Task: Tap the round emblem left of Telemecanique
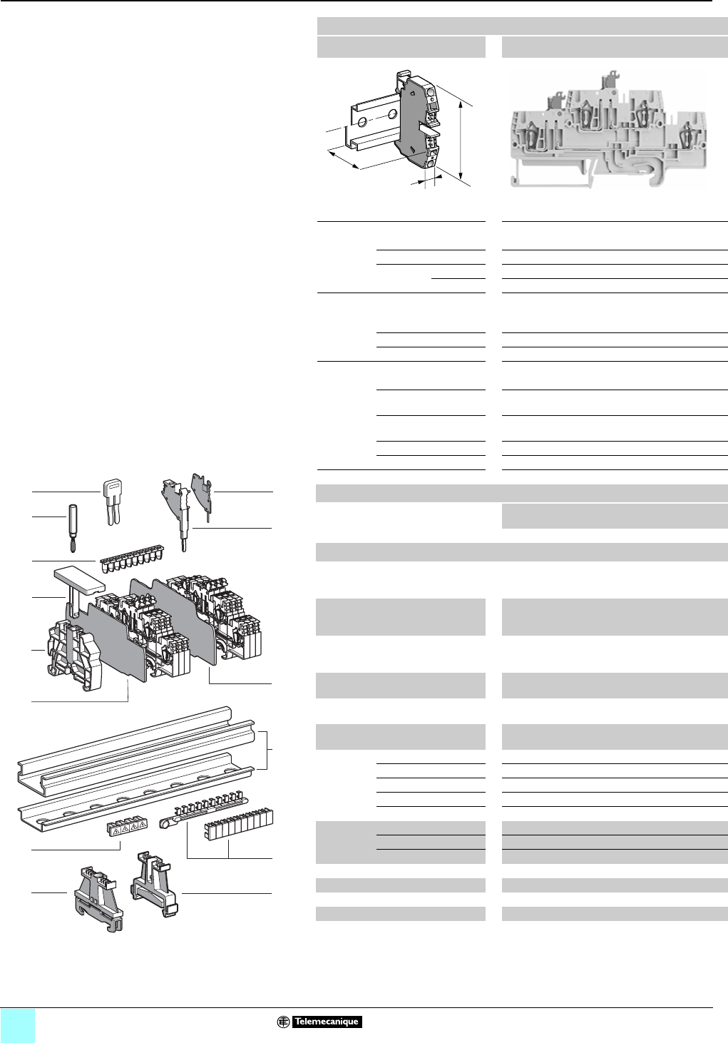pyautogui.click(x=283, y=1022)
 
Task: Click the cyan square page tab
pyautogui.click(x=17, y=1025)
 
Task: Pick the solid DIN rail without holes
pyautogui.click(x=135, y=742)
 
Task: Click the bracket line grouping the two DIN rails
pyautogui.click(x=267, y=750)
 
